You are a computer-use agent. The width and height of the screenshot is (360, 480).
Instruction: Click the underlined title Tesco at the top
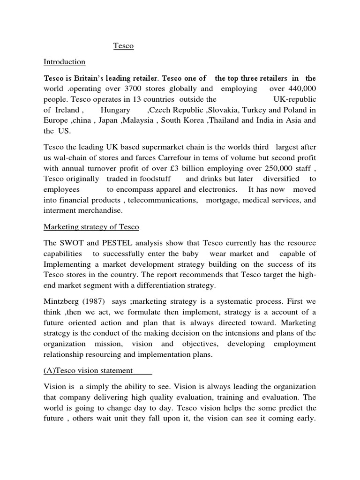click(x=123, y=46)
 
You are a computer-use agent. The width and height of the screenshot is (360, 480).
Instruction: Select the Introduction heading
click(x=65, y=62)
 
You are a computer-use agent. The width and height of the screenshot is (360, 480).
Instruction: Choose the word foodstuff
click(x=163, y=179)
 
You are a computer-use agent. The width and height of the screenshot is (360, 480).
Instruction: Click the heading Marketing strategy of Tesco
click(x=91, y=227)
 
